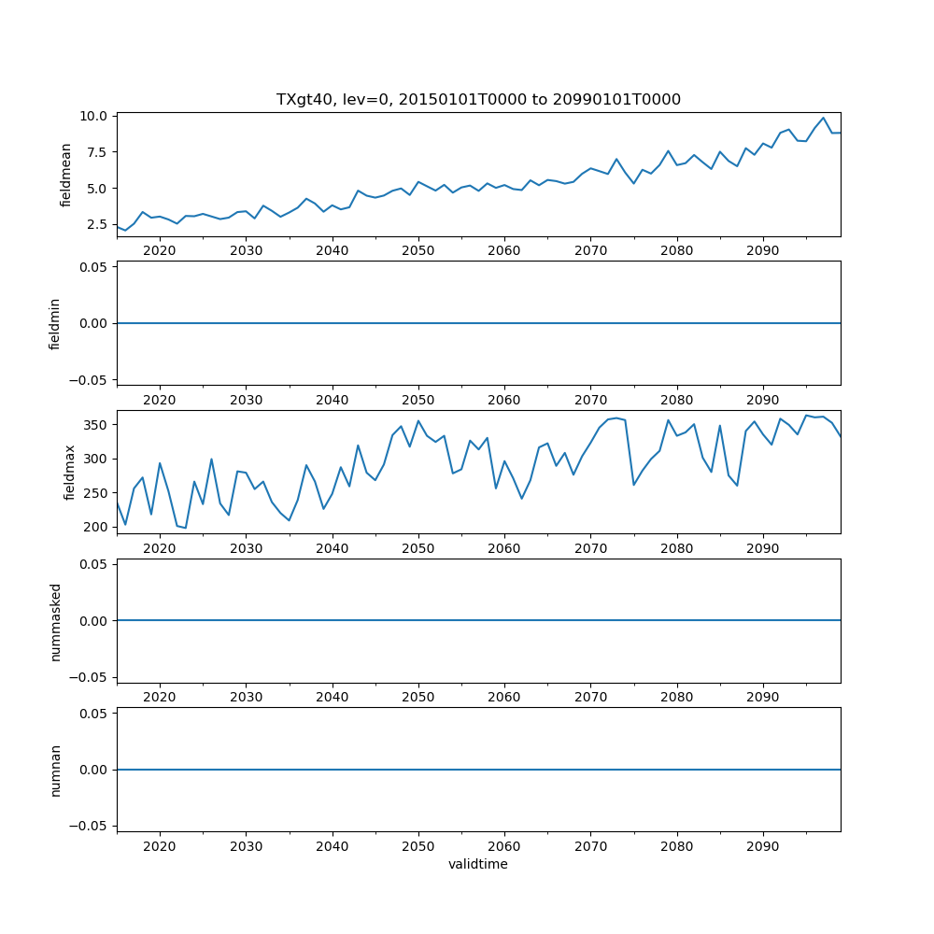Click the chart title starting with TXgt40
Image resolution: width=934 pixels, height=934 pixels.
point(478,99)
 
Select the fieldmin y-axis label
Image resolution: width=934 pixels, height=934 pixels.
point(55,323)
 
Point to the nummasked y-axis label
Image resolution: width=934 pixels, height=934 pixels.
point(55,620)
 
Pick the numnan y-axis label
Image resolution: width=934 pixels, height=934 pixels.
point(55,770)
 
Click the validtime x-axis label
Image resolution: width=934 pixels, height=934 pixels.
point(478,865)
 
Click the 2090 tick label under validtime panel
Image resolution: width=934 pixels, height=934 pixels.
point(763,845)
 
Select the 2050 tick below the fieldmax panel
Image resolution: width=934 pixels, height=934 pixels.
point(418,548)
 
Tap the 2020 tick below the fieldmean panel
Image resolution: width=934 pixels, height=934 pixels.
point(160,250)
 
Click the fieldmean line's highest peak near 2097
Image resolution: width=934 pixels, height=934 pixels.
point(824,118)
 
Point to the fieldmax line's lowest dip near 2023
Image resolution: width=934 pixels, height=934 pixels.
point(185,528)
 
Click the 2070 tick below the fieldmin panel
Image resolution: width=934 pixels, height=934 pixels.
point(590,399)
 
